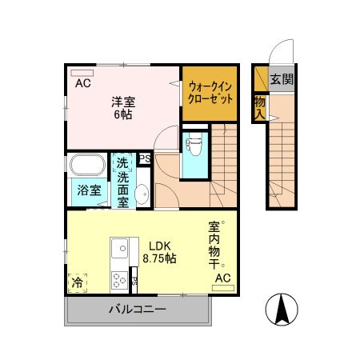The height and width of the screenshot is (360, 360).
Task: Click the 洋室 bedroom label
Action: click(123, 102)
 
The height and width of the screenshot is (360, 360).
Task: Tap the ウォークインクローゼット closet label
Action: click(210, 94)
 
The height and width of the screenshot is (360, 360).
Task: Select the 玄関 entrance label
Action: click(282, 79)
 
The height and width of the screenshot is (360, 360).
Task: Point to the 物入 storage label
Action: click(260, 106)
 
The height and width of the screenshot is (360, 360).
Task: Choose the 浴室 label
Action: click(89, 190)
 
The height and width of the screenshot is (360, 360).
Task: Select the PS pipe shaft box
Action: click(145, 158)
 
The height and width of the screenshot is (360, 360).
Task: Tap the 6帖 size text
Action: click(122, 115)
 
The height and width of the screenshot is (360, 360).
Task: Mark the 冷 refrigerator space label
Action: click(78, 282)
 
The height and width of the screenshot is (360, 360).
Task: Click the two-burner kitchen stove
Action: click(118, 280)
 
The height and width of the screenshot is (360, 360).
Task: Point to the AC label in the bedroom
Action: click(83, 82)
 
